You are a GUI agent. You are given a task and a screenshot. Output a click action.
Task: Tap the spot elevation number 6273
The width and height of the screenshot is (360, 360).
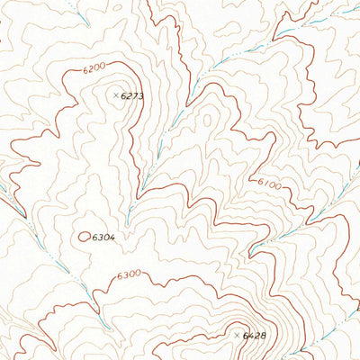tap(132, 94)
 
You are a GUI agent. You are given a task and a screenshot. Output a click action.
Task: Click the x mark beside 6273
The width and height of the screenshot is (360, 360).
tap(116, 94)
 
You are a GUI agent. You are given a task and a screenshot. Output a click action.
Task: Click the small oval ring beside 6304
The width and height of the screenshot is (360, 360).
tap(85, 237)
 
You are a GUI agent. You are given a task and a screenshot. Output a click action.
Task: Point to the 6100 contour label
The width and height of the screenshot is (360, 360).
tap(269, 185)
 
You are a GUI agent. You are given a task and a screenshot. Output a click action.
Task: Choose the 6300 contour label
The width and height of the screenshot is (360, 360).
tap(129, 274)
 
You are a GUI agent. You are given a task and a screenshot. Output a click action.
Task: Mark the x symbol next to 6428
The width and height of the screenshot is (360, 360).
tap(238, 335)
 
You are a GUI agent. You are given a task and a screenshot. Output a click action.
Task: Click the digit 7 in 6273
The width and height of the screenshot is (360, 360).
tap(135, 94)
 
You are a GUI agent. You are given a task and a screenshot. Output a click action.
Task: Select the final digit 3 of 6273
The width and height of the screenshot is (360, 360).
tap(141, 94)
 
